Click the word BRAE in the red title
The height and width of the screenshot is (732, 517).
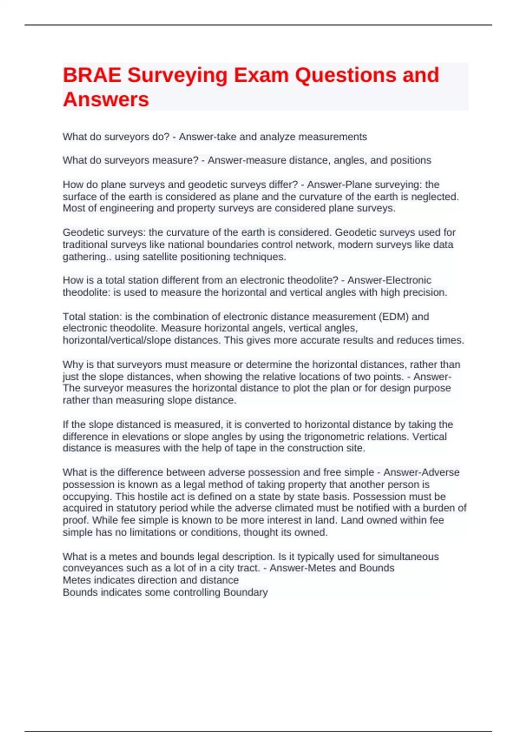pos(91,75)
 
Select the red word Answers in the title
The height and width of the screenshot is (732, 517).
pos(106,99)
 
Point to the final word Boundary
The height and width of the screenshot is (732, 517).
pos(246,592)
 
